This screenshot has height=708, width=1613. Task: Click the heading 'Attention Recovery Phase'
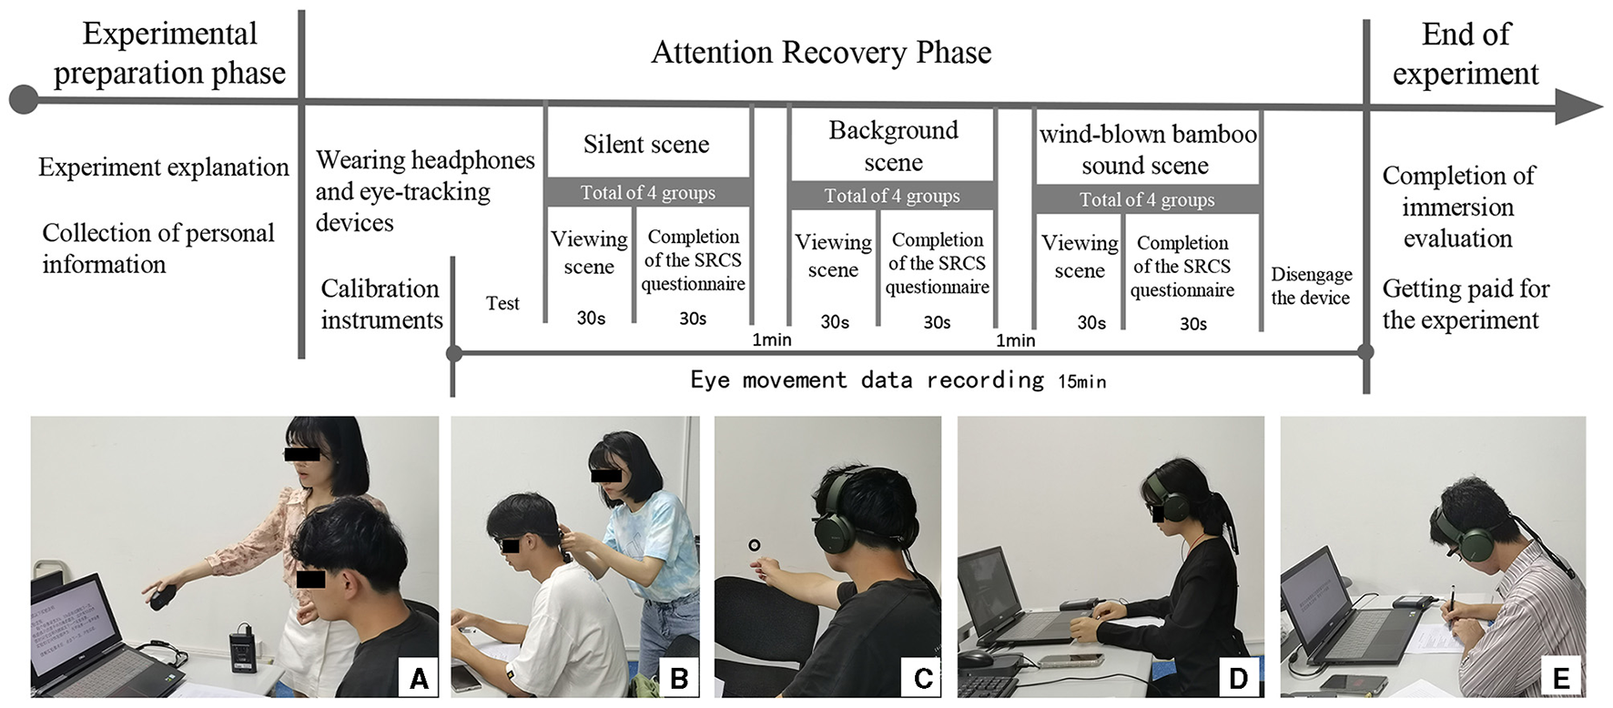click(821, 53)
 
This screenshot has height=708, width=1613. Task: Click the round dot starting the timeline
click(24, 99)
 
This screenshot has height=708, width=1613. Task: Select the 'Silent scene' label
click(646, 145)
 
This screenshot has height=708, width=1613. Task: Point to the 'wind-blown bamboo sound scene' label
click(1147, 150)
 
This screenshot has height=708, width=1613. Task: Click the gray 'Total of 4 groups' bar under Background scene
click(892, 197)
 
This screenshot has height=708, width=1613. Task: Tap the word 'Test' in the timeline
click(502, 304)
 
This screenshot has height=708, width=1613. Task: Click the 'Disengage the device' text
click(1311, 287)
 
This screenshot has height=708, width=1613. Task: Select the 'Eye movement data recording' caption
click(867, 380)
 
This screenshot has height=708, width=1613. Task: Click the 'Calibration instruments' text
click(381, 304)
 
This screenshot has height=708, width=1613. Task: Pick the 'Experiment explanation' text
click(164, 167)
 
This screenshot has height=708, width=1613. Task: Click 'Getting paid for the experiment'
click(1465, 304)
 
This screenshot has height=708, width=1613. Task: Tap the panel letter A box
click(419, 679)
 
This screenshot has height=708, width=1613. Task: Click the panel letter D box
click(1238, 679)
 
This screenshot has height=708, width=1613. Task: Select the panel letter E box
click(1561, 679)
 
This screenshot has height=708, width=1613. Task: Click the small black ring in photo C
click(754, 546)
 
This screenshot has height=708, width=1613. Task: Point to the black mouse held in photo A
click(163, 598)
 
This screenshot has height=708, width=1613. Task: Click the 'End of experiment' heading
click(1466, 54)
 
